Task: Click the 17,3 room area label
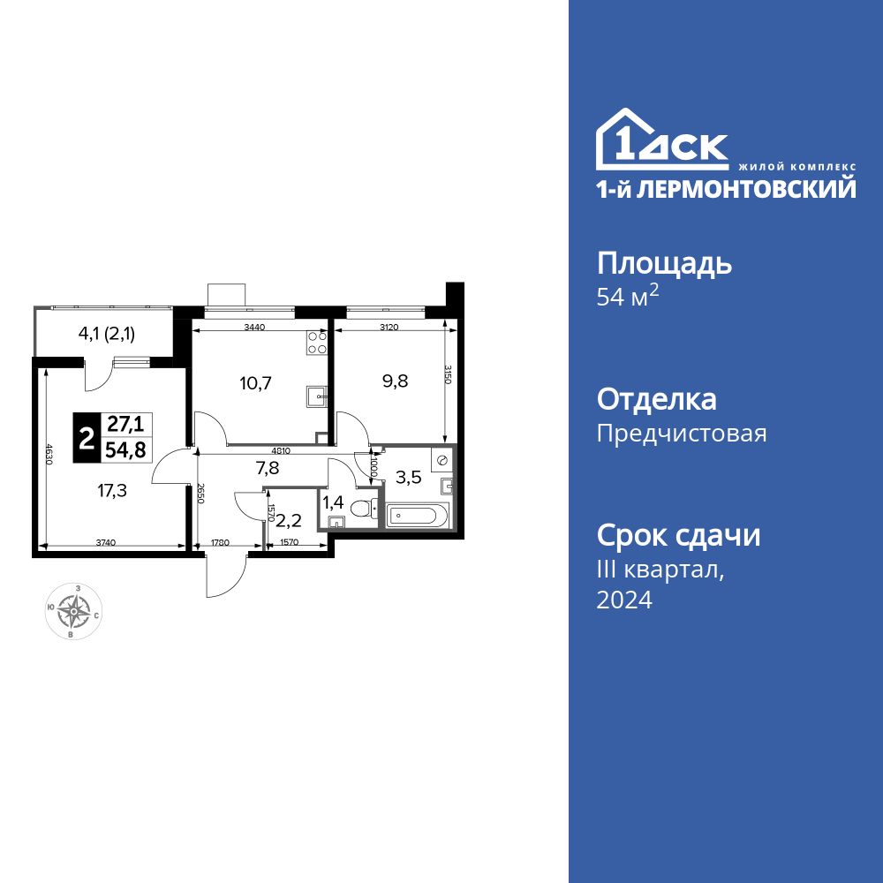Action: [112, 491]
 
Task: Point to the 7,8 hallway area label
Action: [268, 469]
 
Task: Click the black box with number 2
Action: [87, 438]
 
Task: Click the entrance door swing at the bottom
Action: [216, 578]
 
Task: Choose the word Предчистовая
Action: [682, 434]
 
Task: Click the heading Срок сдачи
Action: [678, 536]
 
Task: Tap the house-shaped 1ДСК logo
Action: [662, 141]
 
